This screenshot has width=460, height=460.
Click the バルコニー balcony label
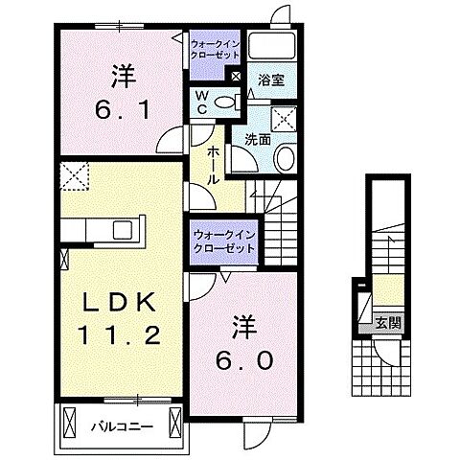pos(120,422)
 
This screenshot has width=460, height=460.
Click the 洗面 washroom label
pos(258,140)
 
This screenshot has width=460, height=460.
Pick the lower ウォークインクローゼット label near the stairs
pos(223,241)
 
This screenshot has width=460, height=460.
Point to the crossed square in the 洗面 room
pos(283,119)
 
